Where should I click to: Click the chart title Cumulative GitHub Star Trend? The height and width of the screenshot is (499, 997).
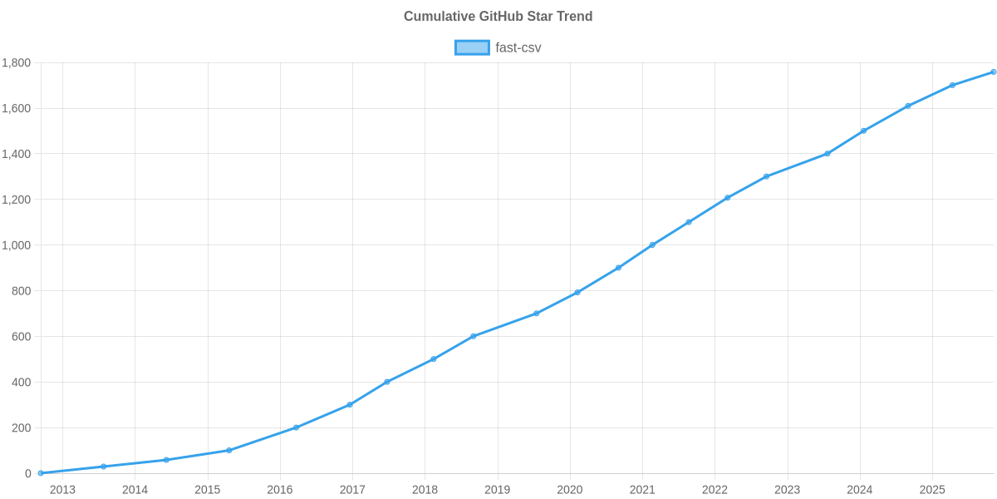coord(498,17)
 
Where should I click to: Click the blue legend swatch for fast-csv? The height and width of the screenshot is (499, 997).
coord(471,47)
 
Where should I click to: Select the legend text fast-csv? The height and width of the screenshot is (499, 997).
coord(518,47)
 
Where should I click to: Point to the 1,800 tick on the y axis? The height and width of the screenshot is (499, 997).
coord(17,63)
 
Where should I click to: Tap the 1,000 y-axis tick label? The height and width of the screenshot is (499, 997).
coord(17,245)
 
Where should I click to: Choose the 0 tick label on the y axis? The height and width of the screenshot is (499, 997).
coord(28,473)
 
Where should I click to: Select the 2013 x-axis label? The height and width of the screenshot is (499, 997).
coord(62,490)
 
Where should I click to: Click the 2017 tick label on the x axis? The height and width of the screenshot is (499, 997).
coord(352,490)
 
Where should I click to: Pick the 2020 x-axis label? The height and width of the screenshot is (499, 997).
coord(569,490)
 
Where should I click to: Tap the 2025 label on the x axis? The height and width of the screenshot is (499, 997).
coord(932,490)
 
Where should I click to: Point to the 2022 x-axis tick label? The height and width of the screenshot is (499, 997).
coord(715,490)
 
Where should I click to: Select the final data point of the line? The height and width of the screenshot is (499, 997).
coord(994,72)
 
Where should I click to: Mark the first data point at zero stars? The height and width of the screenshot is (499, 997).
coord(41,472)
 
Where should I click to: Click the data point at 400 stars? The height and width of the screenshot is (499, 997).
coord(387,382)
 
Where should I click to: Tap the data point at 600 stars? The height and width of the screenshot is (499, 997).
coord(474,336)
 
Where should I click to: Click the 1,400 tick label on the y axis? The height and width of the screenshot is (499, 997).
coord(17,154)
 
